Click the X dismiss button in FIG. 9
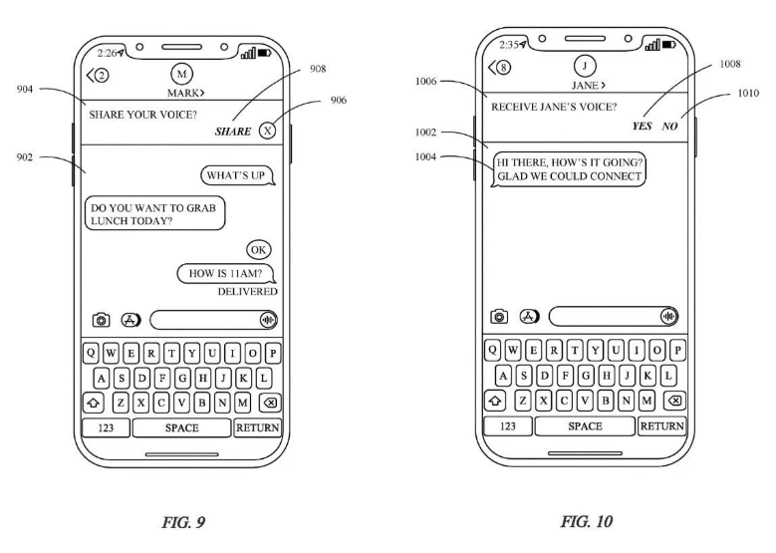click(x=267, y=131)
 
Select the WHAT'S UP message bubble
click(x=237, y=176)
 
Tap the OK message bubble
click(x=259, y=249)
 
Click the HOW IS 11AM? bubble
click(x=226, y=274)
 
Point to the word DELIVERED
click(x=247, y=291)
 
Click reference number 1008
click(x=729, y=63)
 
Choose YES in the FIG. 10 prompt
click(x=642, y=127)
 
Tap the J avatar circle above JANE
click(x=586, y=67)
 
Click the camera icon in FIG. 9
click(x=101, y=320)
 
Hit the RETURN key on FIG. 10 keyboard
click(x=661, y=425)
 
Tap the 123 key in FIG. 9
click(x=106, y=427)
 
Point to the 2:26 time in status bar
click(x=109, y=54)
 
